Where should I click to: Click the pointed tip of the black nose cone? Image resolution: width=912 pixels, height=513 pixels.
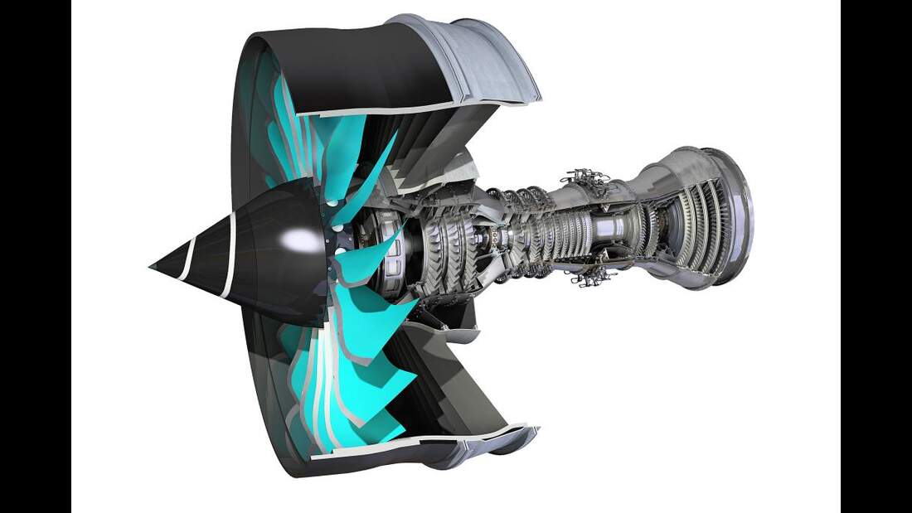tap(152, 267)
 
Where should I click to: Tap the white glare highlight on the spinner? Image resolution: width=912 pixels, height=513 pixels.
tap(296, 240)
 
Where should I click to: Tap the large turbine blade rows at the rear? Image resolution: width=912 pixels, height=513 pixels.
tap(696, 220)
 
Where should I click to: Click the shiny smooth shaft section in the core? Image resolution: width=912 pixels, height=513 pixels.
tap(618, 228)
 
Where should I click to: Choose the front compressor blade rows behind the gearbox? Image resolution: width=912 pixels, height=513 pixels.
tap(448, 244)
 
